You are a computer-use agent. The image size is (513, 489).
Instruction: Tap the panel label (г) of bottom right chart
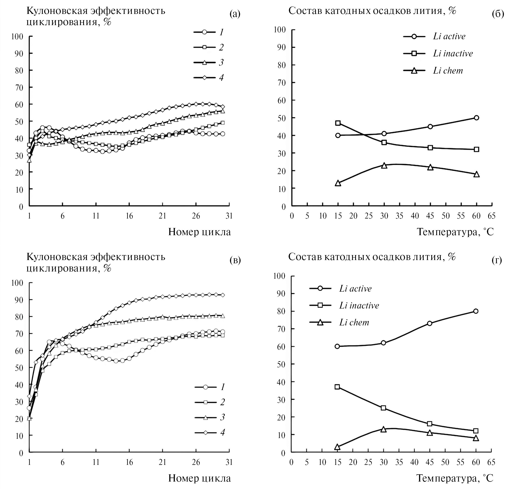click(x=497, y=260)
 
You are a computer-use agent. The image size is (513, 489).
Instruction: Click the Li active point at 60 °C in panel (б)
click(x=476, y=118)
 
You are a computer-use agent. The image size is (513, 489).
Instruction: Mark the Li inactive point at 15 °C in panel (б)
click(x=338, y=123)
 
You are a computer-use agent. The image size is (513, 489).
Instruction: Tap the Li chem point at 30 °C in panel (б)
click(x=384, y=166)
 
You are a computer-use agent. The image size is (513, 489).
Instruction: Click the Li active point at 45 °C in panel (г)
click(x=429, y=323)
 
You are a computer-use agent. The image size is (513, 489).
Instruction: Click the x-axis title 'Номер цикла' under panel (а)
click(x=199, y=232)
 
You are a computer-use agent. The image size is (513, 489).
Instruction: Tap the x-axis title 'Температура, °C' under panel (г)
click(x=455, y=478)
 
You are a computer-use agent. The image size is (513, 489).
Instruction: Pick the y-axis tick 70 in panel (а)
click(x=17, y=88)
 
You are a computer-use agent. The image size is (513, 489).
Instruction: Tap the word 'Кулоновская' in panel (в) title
click(x=57, y=257)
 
